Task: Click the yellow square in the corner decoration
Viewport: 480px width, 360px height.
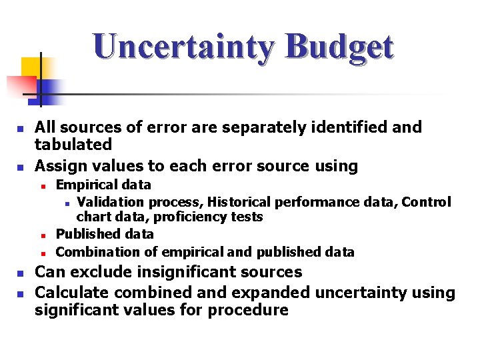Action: pyautogui.click(x=31, y=67)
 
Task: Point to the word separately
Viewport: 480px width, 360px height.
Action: pyautogui.click(x=229, y=127)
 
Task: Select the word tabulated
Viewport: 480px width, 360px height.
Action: pyautogui.click(x=73, y=144)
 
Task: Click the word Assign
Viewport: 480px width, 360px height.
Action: pyautogui.click(x=58, y=165)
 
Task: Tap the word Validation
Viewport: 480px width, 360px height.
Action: pyautogui.click(x=111, y=201)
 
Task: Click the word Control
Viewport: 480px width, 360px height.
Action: pyautogui.click(x=427, y=201)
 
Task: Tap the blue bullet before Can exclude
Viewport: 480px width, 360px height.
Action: pyautogui.click(x=21, y=274)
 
